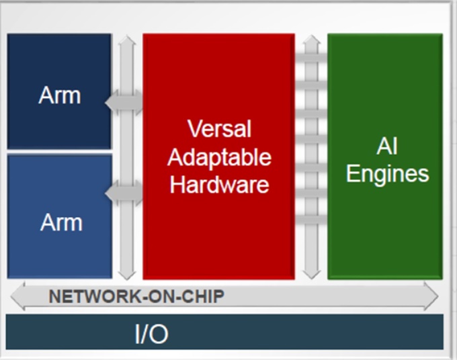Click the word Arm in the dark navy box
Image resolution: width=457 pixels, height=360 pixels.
pyautogui.click(x=59, y=95)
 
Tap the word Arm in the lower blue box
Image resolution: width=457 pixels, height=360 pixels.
pyautogui.click(x=60, y=222)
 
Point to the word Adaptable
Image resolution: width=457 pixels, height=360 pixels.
pyautogui.click(x=218, y=157)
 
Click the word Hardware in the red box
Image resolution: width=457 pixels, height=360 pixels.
pyautogui.click(x=218, y=185)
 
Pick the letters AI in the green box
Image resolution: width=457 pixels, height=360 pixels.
pyautogui.click(x=387, y=146)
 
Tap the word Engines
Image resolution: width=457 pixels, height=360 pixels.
pyautogui.click(x=387, y=173)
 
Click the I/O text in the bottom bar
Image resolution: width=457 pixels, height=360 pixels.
pyautogui.click(x=151, y=332)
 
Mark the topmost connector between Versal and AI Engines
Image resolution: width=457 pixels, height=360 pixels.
pyautogui.click(x=310, y=58)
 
